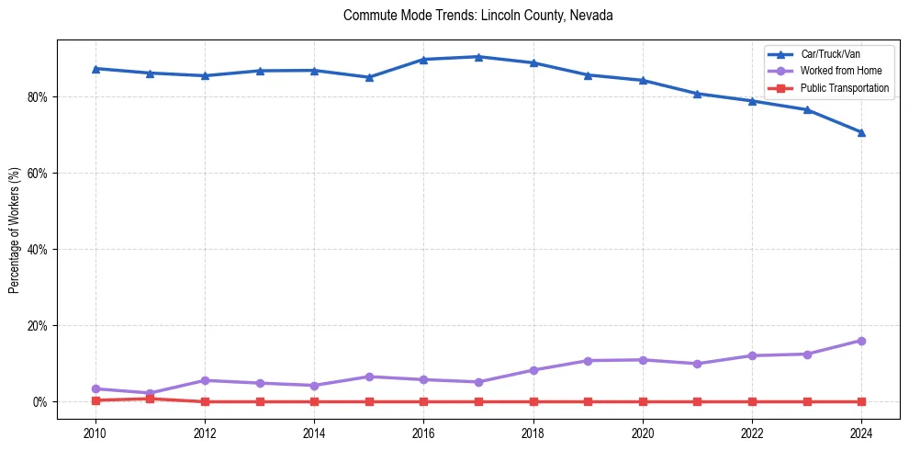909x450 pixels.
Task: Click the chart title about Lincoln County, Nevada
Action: pyautogui.click(x=477, y=16)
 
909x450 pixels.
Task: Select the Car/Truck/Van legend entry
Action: pyautogui.click(x=830, y=55)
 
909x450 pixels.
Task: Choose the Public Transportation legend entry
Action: pyautogui.click(x=845, y=88)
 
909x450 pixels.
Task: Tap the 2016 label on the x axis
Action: pyautogui.click(x=423, y=432)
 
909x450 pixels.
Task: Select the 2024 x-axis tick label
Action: pyautogui.click(x=861, y=432)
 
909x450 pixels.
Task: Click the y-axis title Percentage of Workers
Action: pyautogui.click(x=15, y=230)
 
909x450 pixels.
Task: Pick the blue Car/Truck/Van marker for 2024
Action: pyautogui.click(x=861, y=132)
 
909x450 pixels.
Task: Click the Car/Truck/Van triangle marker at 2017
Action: pyautogui.click(x=478, y=57)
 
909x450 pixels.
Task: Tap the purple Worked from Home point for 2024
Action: pyautogui.click(x=861, y=341)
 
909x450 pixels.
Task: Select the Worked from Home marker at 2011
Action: pyautogui.click(x=150, y=393)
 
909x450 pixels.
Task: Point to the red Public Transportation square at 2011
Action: pyautogui.click(x=150, y=399)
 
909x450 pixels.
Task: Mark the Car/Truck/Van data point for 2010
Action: pyautogui.click(x=95, y=69)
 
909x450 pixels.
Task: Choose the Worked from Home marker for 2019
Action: pyautogui.click(x=588, y=361)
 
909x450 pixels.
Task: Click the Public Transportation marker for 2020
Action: pyautogui.click(x=643, y=401)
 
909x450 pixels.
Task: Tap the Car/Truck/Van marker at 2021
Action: pyautogui.click(x=697, y=94)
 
